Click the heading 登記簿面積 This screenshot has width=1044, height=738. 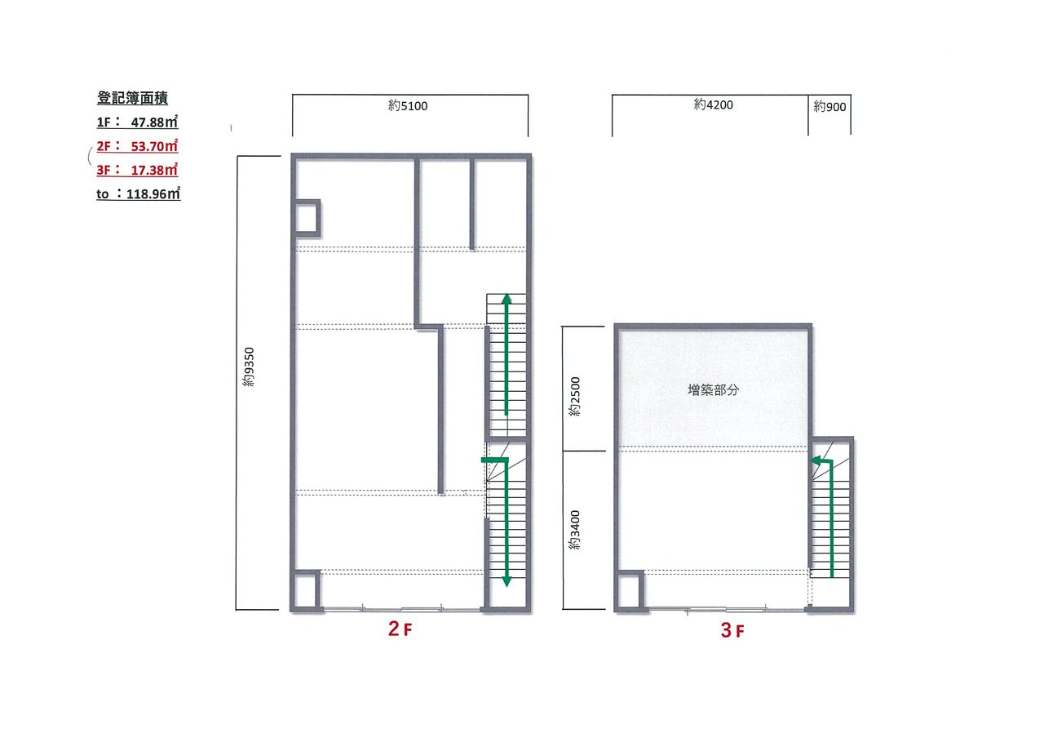[x=132, y=98]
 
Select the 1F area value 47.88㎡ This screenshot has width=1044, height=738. [x=154, y=122]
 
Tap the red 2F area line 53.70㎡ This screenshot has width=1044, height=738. [x=137, y=146]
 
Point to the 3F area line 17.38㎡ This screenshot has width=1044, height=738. [x=137, y=170]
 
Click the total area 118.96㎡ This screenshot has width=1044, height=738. [x=153, y=193]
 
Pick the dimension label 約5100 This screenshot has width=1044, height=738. [x=408, y=106]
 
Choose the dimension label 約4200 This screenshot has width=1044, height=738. [x=713, y=104]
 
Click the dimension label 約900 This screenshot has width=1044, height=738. [x=829, y=107]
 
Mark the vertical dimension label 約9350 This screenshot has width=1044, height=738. [x=249, y=367]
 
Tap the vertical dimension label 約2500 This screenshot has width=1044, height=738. [x=575, y=396]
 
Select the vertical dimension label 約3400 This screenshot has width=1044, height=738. [x=575, y=530]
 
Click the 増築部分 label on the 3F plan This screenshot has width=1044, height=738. [x=713, y=390]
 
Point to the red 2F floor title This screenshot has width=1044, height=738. [x=400, y=629]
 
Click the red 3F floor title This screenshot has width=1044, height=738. [x=732, y=630]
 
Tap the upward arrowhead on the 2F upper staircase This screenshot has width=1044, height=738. [x=507, y=299]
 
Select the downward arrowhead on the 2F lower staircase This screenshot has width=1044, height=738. [x=507, y=582]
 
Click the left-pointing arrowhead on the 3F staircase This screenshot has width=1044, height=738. [x=816, y=461]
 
